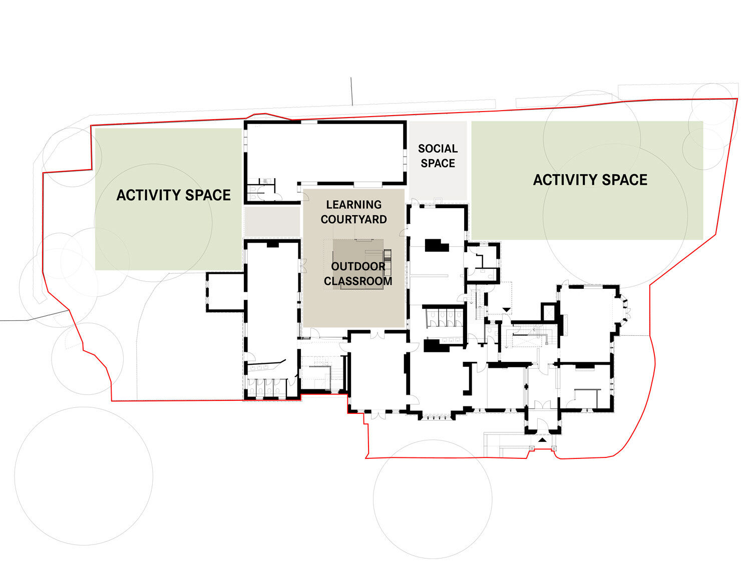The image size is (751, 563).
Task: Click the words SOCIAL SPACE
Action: click(x=438, y=156)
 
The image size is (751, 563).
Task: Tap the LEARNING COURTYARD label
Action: click(x=353, y=212)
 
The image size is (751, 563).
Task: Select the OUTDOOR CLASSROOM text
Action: click(x=358, y=274)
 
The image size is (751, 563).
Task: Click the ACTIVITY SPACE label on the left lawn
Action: click(x=173, y=195)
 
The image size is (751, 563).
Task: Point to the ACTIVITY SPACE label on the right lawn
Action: click(x=590, y=180)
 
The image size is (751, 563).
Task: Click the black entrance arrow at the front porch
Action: click(x=542, y=440)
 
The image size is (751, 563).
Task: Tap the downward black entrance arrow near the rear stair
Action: click(x=507, y=310)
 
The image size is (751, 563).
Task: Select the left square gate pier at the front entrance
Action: click(x=531, y=448)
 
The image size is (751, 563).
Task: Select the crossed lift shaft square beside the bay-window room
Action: click(x=549, y=312)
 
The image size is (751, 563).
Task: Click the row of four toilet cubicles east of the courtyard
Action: click(x=443, y=317)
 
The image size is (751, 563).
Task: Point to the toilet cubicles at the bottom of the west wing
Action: click(x=265, y=388)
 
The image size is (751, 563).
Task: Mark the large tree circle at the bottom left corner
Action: click(x=84, y=475)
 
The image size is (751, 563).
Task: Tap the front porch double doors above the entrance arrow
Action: click(x=542, y=404)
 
